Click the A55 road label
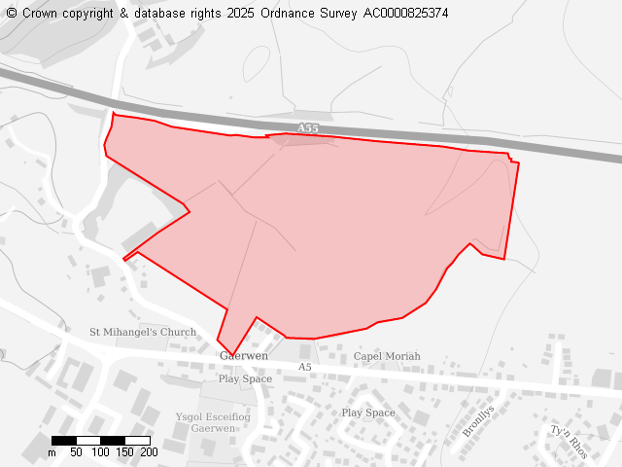[x=307, y=128]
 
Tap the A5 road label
[x=305, y=367]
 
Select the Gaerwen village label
[x=244, y=356]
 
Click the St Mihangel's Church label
[x=143, y=333]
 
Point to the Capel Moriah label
[x=387, y=357]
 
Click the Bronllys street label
[x=478, y=420]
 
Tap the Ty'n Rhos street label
[x=569, y=442]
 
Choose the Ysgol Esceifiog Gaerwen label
[x=212, y=422]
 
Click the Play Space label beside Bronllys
[x=368, y=413]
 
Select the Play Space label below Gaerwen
[x=245, y=378]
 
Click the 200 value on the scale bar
[x=149, y=452]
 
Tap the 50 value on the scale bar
[x=76, y=452]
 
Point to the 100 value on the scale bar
[x=100, y=452]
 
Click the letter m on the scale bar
[x=52, y=452]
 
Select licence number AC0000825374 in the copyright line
[x=405, y=14]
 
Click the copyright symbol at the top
[x=12, y=14]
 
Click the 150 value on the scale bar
[x=124, y=452]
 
